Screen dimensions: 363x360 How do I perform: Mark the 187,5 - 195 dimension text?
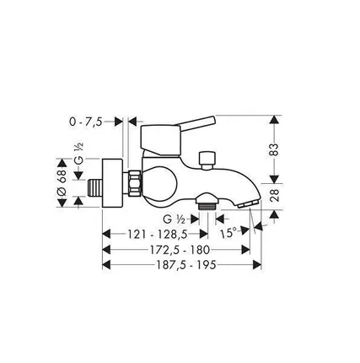tap(177, 264)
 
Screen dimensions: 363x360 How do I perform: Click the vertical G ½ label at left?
tap(78, 160)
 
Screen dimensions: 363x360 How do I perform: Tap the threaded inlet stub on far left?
tap(94, 184)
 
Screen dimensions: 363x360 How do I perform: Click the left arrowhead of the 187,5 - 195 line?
tap(105, 264)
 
